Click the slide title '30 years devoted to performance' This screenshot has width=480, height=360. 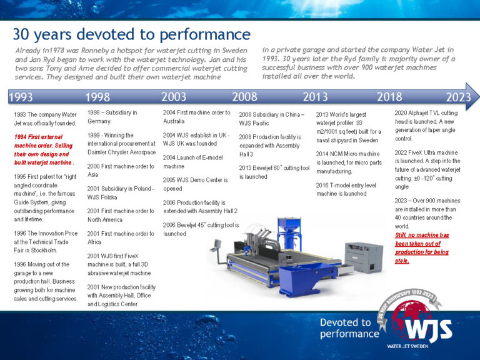(131, 34)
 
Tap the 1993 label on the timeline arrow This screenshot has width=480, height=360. (21, 97)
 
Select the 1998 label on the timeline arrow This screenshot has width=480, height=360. (98, 97)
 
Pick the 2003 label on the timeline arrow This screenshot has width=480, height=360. (173, 97)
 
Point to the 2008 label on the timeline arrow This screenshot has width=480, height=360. (244, 97)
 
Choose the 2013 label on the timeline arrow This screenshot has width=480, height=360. (315, 97)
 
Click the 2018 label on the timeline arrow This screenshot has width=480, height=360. (389, 97)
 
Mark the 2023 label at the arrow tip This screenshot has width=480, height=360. (458, 97)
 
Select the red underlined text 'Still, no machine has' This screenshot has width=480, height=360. (422, 235)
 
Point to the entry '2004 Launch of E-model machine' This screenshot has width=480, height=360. (187, 161)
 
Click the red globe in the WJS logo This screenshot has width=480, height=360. (411, 319)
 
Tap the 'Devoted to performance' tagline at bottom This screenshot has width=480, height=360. (349, 328)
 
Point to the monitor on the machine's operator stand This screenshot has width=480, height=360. (218, 242)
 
